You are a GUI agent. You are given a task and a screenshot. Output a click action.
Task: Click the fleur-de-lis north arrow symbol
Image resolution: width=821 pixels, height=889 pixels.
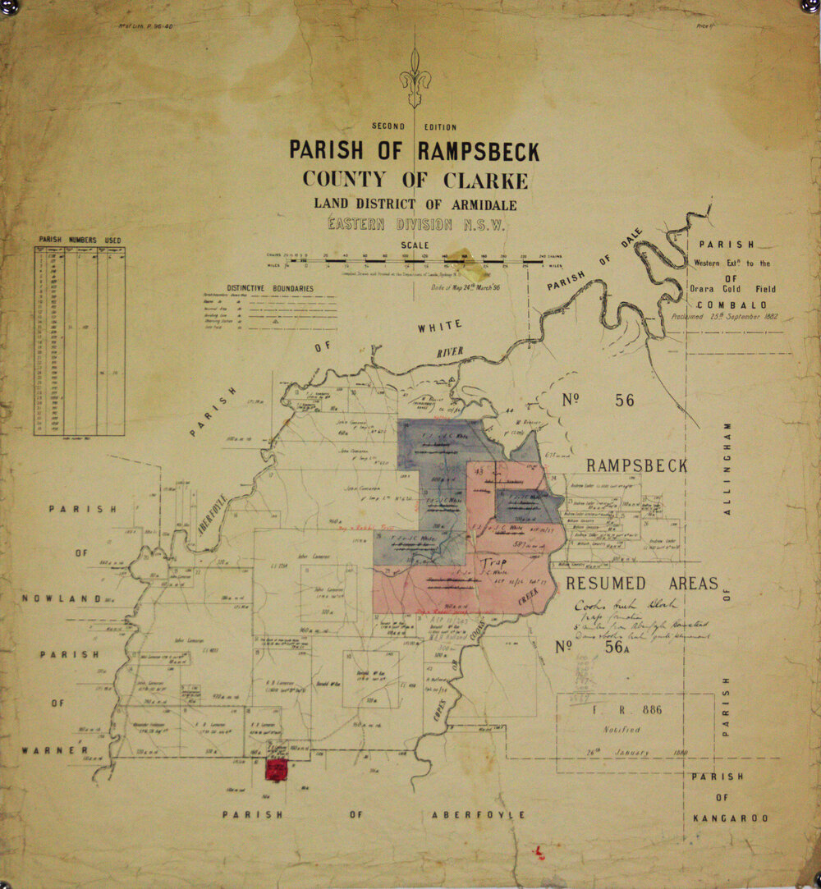point(415,80)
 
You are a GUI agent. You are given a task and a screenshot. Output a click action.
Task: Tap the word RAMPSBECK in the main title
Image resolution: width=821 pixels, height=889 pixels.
point(479,152)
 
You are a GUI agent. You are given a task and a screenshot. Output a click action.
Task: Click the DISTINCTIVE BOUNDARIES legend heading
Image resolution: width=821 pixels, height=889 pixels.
point(259,288)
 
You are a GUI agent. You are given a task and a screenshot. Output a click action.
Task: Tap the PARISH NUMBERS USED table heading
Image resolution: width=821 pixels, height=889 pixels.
point(80,241)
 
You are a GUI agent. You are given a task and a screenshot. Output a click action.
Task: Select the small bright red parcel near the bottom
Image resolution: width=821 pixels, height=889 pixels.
point(276,769)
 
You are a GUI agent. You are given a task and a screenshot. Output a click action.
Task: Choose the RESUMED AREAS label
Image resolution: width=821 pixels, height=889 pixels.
point(640,584)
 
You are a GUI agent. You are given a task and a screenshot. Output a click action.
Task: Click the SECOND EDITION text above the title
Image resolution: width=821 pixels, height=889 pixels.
point(415,127)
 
